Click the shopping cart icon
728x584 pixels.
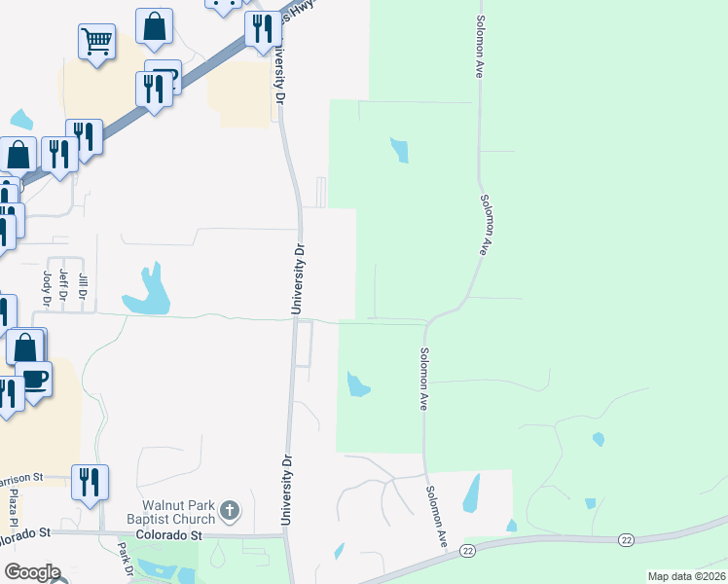(x=96, y=41)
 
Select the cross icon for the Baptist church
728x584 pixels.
(x=229, y=509)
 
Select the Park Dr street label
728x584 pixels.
(x=126, y=559)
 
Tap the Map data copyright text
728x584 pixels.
(x=684, y=576)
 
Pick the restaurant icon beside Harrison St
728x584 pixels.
(x=90, y=481)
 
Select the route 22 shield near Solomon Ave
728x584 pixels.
(x=468, y=551)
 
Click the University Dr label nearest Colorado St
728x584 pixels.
(x=287, y=492)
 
